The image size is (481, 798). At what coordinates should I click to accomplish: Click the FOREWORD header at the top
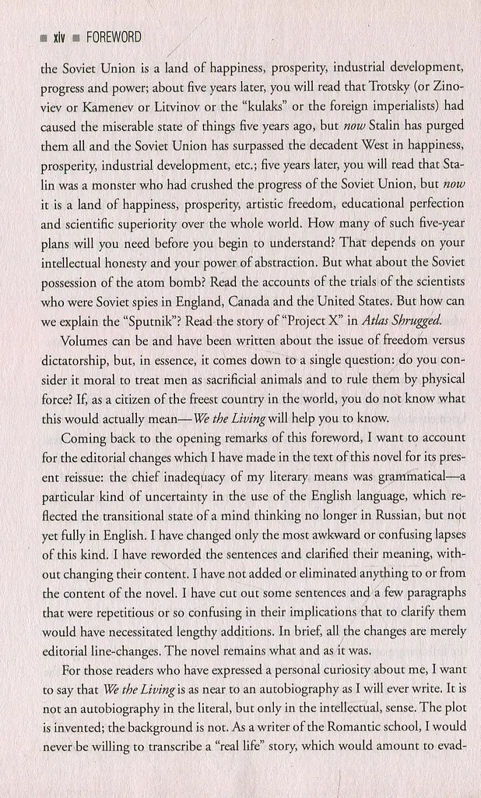pyautogui.click(x=113, y=37)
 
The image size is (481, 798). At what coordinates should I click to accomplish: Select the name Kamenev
pyautogui.click(x=110, y=105)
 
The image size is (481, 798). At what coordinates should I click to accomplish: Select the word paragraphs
pyautogui.click(x=430, y=592)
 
